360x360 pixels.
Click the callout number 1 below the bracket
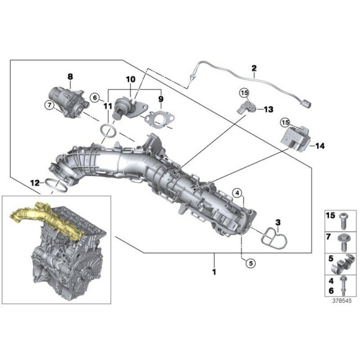coord(214,272)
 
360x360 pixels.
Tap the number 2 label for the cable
coord(253,68)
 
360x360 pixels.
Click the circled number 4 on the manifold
coord(236,191)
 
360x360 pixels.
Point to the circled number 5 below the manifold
coord(250,263)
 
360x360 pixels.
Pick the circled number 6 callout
coord(95,98)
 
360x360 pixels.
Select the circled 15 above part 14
coord(286,123)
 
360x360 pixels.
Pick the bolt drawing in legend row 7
coord(344,241)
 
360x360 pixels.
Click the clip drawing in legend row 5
coord(344,263)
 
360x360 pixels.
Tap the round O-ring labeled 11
coord(108,131)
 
